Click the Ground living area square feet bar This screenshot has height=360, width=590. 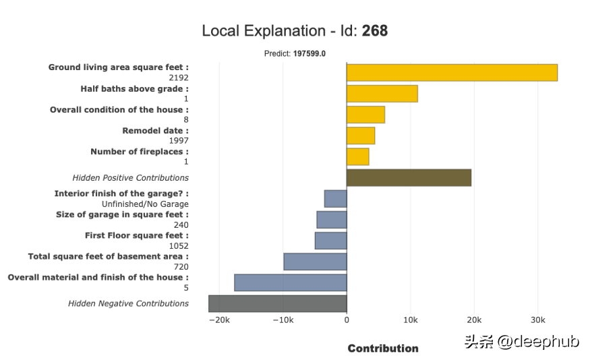(452, 72)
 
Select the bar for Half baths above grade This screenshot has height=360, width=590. (382, 94)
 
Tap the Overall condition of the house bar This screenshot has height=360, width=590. (365, 115)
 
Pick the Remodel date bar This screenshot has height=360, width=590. (361, 136)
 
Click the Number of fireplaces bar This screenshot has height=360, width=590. (357, 156)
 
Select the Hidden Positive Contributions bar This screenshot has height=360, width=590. (409, 177)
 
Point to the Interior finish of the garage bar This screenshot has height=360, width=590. (335, 199)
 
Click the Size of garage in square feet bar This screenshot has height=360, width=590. (332, 220)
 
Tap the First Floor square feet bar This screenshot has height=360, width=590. (330, 241)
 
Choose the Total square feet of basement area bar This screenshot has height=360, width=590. (315, 262)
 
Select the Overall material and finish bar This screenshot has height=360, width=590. (290, 282)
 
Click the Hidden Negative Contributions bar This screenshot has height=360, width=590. (277, 303)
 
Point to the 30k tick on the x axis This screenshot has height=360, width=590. (537, 320)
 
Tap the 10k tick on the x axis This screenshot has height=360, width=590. (410, 320)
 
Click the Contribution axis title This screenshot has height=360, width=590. (383, 349)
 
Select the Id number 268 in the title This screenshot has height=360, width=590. (375, 31)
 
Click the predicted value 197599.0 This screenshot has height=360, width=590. (309, 53)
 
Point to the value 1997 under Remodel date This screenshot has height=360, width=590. (178, 141)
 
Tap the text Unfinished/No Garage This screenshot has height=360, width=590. (145, 204)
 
